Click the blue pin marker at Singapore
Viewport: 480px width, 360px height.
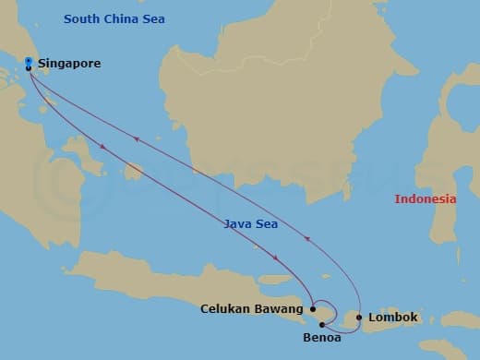[x=29, y=62]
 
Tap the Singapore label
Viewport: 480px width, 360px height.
[x=69, y=64]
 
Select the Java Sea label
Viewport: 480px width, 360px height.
[x=251, y=223]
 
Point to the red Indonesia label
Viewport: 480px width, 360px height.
[x=426, y=198]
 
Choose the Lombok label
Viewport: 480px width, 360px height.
[x=393, y=318]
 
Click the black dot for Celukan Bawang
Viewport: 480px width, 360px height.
[x=314, y=309]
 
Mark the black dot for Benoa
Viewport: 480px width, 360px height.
[x=321, y=324]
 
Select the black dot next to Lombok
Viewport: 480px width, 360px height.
[x=359, y=318]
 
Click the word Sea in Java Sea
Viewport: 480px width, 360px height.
[x=267, y=223]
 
